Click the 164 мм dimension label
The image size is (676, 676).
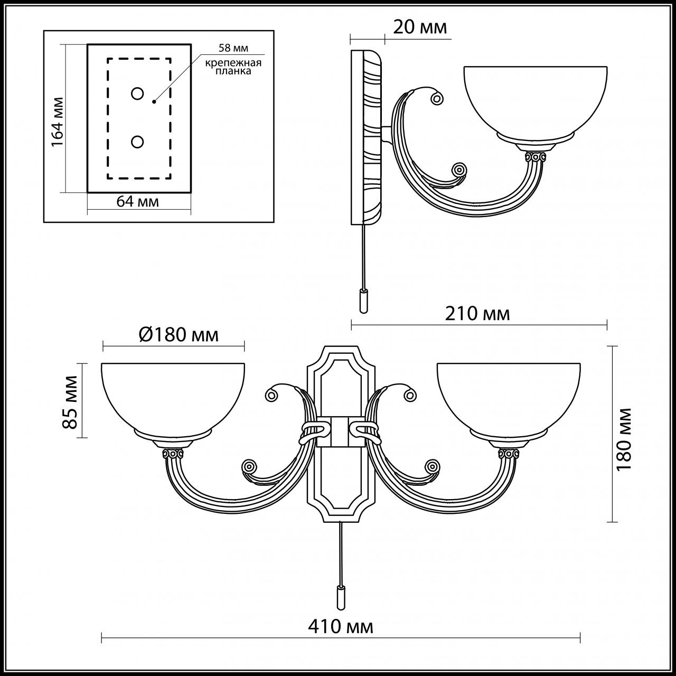[x=58, y=121]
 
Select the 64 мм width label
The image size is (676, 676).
[x=137, y=202]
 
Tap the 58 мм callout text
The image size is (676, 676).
[x=233, y=48]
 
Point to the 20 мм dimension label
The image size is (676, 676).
[x=420, y=27]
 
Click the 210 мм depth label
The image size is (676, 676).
[x=477, y=314]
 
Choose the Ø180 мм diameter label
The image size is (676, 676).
[x=179, y=335]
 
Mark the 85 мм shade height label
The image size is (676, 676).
[x=70, y=402]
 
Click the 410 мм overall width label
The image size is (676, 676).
[x=341, y=626]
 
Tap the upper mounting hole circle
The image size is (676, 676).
[x=137, y=93]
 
